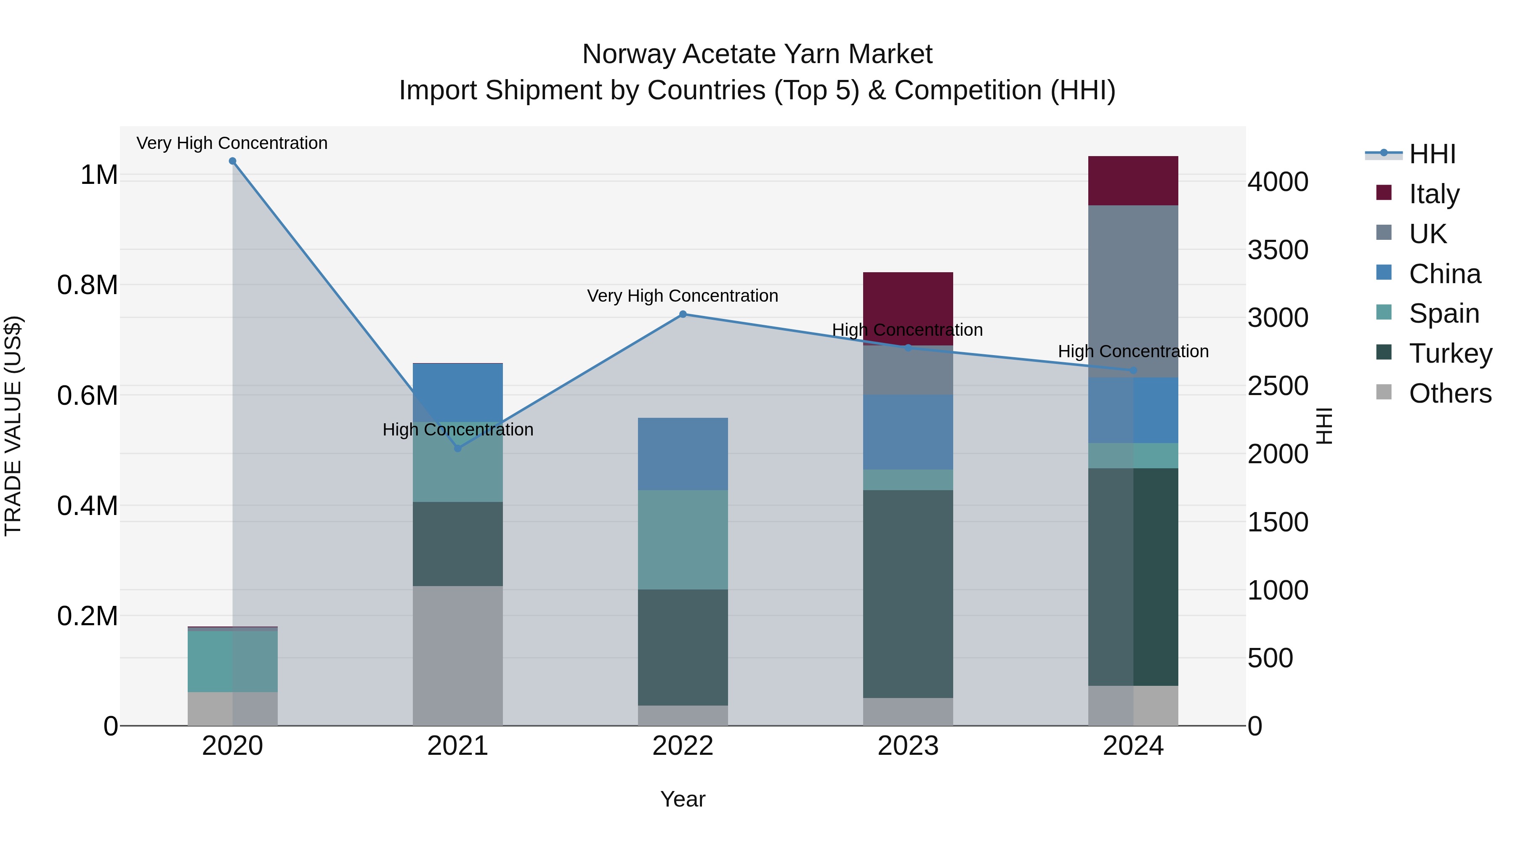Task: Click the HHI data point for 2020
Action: point(232,161)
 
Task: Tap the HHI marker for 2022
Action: point(683,315)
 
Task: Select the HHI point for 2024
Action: point(1133,370)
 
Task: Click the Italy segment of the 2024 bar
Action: point(1133,180)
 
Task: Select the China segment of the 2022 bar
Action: point(683,454)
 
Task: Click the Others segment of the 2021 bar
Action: point(457,656)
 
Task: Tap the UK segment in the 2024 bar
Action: point(1133,291)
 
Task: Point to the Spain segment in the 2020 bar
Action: point(232,661)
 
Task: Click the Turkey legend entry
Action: point(1450,353)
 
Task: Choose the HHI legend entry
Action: point(1432,154)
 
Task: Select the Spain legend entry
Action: point(1444,313)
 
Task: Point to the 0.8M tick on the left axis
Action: point(88,285)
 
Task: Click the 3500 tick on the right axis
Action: point(1278,250)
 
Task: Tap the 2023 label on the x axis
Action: point(908,746)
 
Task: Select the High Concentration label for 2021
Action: point(457,430)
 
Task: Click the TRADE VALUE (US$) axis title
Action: point(13,426)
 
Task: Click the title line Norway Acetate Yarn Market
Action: point(757,54)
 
